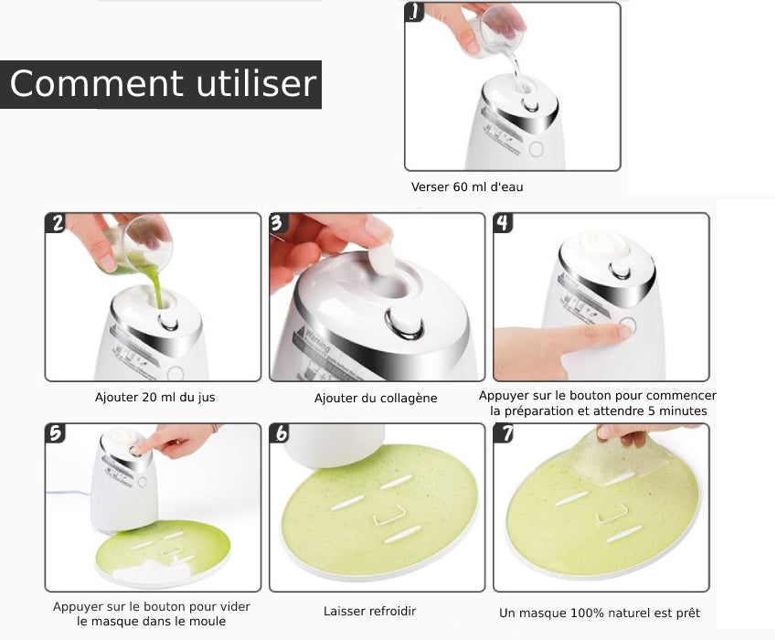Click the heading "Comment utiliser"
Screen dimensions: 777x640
[x=163, y=83]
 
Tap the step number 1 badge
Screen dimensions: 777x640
[x=415, y=12]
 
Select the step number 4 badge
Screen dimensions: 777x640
[x=503, y=222]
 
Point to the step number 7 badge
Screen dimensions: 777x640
[x=504, y=432]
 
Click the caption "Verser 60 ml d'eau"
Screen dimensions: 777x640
[x=467, y=187]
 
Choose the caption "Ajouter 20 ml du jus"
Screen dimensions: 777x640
[x=155, y=397]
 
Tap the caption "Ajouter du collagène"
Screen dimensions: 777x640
[x=376, y=398]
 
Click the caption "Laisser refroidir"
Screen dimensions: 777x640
[x=369, y=612]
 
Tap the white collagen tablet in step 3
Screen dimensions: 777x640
[x=380, y=257]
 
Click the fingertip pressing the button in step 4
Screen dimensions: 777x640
[x=623, y=331]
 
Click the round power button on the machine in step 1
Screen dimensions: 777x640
[x=536, y=149]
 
